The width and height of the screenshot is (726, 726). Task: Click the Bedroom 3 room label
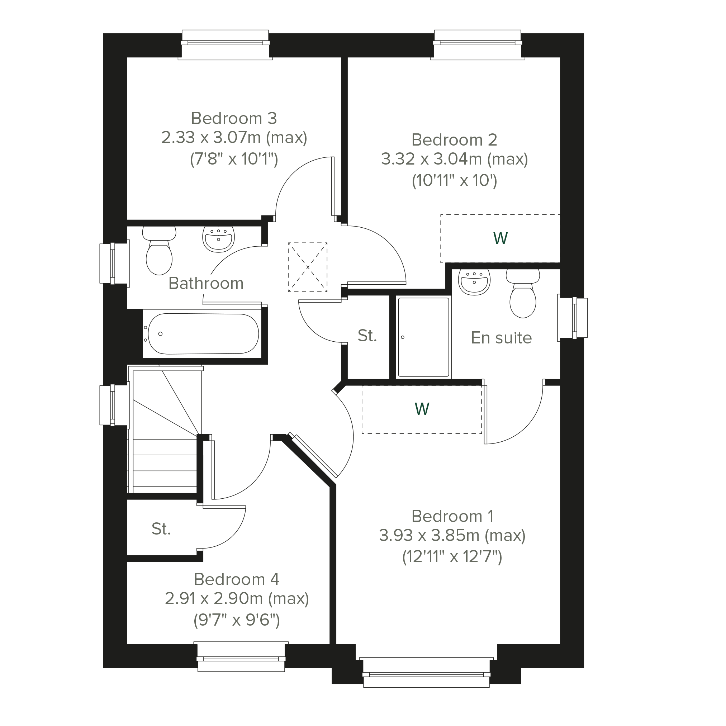(x=234, y=118)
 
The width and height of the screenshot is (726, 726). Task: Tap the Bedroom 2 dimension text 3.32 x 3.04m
(x=431, y=159)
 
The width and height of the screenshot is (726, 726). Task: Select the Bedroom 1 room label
(x=452, y=516)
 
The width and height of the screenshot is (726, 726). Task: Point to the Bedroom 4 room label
(x=236, y=579)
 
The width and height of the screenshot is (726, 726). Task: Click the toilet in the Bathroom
(x=159, y=250)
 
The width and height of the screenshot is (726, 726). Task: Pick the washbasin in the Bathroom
(x=218, y=239)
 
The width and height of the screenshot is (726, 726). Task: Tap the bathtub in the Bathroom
(x=202, y=334)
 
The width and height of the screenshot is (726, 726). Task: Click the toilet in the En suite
(x=523, y=294)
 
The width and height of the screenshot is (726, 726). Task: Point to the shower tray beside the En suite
(x=423, y=337)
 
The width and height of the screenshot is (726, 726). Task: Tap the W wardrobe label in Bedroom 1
(x=422, y=409)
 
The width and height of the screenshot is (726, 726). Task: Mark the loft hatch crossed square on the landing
(x=308, y=267)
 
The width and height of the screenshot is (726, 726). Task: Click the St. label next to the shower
(x=367, y=336)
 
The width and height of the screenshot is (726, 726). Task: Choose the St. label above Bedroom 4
(x=161, y=529)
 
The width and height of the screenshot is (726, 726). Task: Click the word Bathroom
(x=206, y=283)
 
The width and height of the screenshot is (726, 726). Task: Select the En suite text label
(x=501, y=338)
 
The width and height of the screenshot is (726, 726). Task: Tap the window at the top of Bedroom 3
(x=225, y=45)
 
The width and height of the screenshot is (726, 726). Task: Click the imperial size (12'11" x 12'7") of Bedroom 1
(x=452, y=556)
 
